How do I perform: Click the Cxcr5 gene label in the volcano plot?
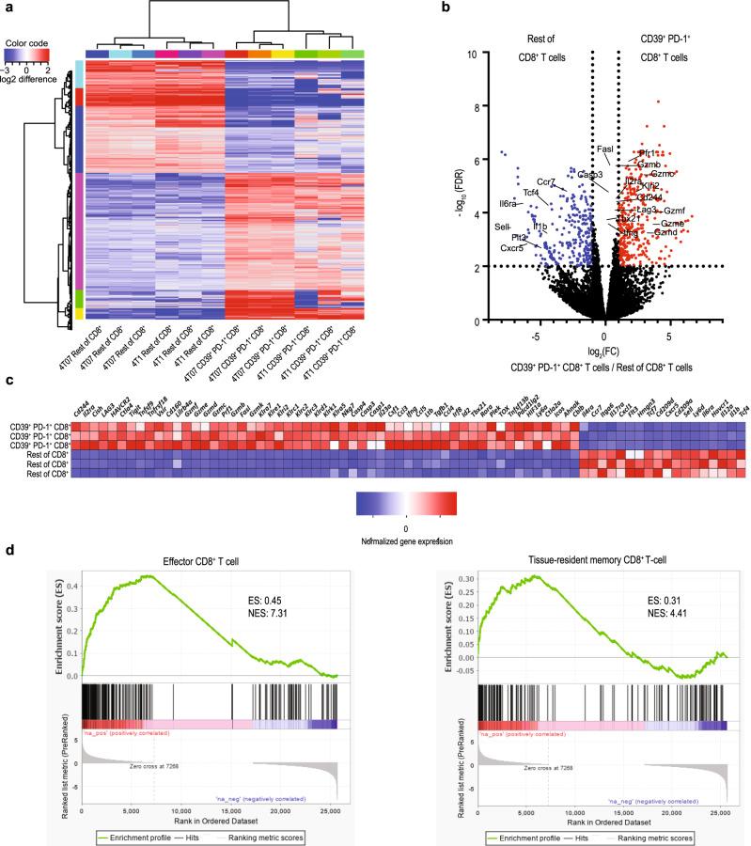(x=512, y=249)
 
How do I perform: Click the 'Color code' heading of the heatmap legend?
(x=25, y=43)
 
